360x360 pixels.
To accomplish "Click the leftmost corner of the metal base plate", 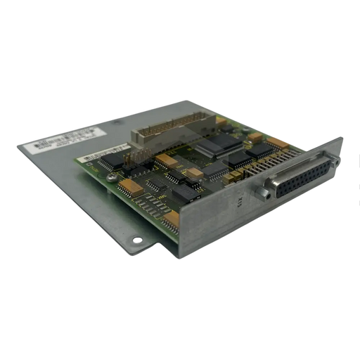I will [17, 145].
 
